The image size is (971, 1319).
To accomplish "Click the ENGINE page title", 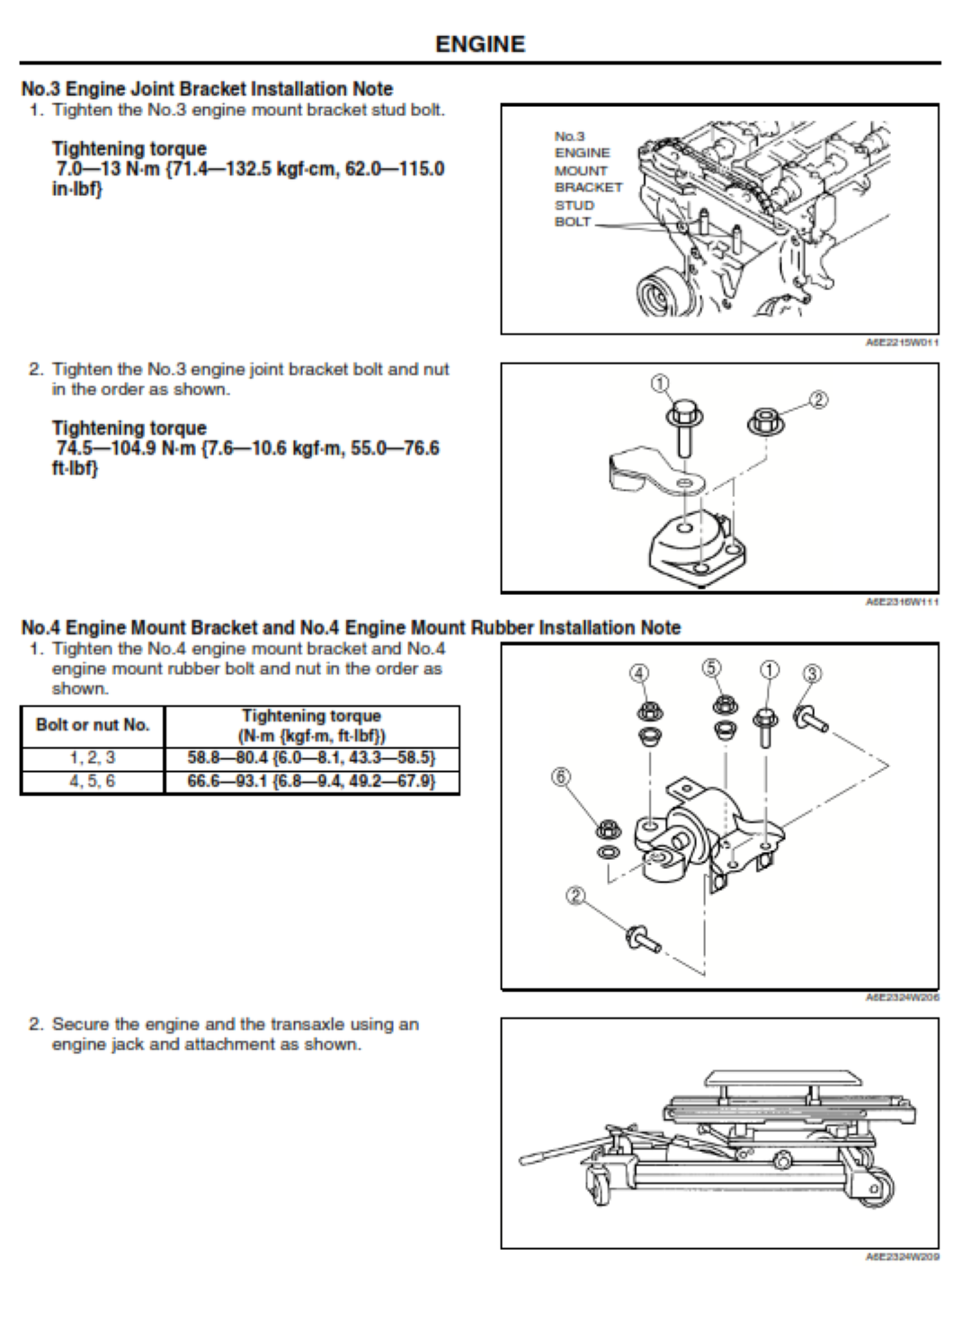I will [x=480, y=44].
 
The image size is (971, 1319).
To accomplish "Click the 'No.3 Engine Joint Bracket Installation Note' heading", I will [x=207, y=89].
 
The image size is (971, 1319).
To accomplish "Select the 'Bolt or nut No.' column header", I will [x=93, y=725].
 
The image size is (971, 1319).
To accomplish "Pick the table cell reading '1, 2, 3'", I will [x=93, y=757].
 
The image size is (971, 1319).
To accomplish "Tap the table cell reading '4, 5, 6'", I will [x=93, y=781].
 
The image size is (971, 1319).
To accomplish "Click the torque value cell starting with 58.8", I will [x=311, y=757].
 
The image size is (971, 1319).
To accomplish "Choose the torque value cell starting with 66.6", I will [x=311, y=781].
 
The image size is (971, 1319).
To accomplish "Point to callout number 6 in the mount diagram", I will [x=561, y=776].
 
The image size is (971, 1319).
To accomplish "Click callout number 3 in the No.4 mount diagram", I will [x=811, y=673].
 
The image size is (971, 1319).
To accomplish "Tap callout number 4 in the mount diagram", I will [x=638, y=673].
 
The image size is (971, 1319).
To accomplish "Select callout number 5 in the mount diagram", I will [x=711, y=668].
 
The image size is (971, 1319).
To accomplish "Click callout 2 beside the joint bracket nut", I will [x=818, y=400].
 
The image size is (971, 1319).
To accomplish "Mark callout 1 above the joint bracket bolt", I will [x=661, y=384].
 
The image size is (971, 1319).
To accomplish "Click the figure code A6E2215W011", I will [x=902, y=342].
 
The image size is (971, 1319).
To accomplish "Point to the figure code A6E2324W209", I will [x=902, y=1257].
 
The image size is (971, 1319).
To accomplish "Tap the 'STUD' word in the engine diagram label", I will [x=574, y=205].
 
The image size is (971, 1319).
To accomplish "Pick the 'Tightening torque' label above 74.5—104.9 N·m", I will [x=129, y=428].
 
